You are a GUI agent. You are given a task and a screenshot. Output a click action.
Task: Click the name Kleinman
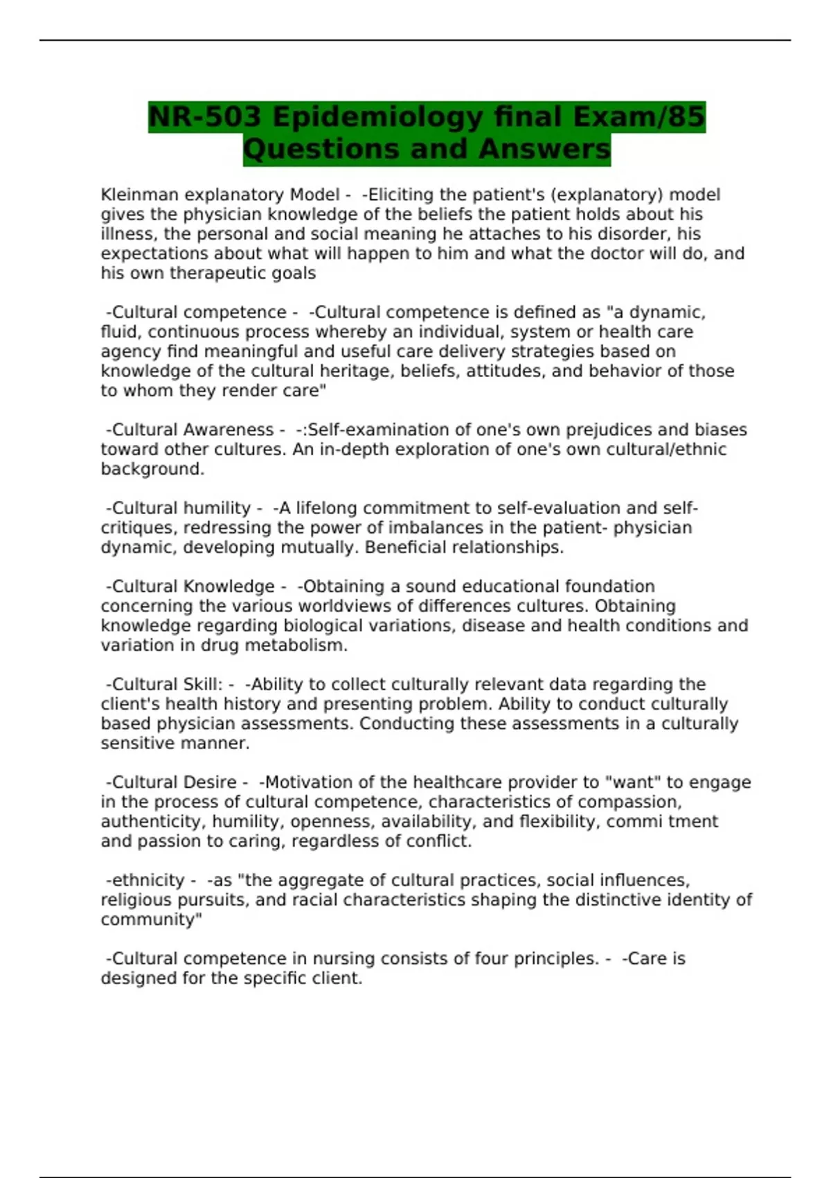[x=139, y=195]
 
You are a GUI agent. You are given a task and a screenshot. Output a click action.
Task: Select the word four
[x=491, y=958]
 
